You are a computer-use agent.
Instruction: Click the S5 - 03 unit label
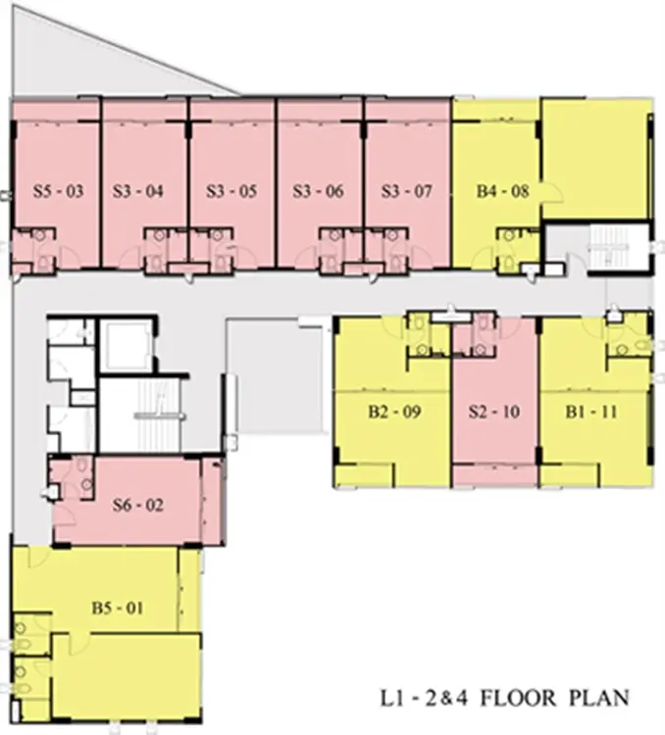point(58,191)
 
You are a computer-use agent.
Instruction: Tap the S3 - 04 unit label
point(138,191)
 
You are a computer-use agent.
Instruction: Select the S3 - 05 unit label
point(231,191)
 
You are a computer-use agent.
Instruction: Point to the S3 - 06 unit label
point(318,191)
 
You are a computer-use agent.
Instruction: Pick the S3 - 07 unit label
point(406,191)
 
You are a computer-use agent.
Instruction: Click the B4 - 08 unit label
point(502,191)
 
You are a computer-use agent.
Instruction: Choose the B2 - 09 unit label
point(394,412)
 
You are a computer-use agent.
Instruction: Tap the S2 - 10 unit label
point(494,412)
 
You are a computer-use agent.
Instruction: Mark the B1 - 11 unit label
point(591,412)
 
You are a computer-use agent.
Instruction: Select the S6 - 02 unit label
point(138,505)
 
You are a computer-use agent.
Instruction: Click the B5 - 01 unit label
point(118,608)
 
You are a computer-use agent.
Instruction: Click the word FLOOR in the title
point(518,699)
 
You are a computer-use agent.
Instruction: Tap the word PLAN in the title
point(599,699)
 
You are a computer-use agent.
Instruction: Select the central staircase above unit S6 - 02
point(161,415)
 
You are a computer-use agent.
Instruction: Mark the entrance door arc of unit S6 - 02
point(69,519)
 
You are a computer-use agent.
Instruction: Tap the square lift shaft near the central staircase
point(126,346)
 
